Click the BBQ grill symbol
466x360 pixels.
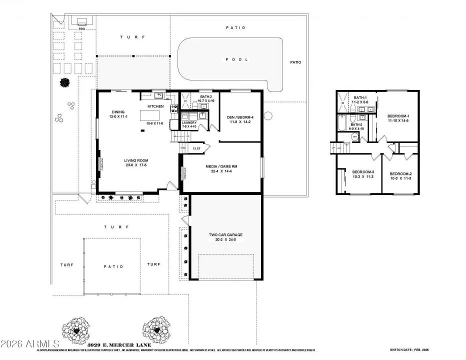81,21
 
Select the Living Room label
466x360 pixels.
135,161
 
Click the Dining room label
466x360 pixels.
118,112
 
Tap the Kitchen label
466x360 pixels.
155,106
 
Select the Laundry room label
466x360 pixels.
189,122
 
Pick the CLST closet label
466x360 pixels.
196,148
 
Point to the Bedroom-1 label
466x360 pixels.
398,116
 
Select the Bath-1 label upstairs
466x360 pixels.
360,98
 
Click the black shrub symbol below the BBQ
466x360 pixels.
64,82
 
